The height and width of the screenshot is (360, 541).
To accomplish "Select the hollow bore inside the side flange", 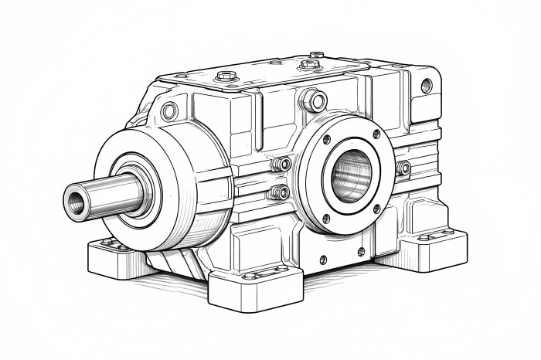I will tap(352, 175).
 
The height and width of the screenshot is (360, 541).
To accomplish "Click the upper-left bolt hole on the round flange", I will tap(327, 140).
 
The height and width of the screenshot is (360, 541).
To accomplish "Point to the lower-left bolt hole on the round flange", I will tap(325, 218).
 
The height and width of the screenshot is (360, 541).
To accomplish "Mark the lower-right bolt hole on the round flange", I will tap(376, 209).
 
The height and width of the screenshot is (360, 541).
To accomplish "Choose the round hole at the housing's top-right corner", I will tap(427, 86).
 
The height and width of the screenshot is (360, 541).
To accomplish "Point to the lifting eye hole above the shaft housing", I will tap(169, 111).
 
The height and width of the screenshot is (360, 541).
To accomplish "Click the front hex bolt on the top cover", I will tap(226, 76).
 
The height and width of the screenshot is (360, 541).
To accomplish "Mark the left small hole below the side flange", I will tap(323, 260).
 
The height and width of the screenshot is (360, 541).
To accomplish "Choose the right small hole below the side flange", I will tap(361, 252).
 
